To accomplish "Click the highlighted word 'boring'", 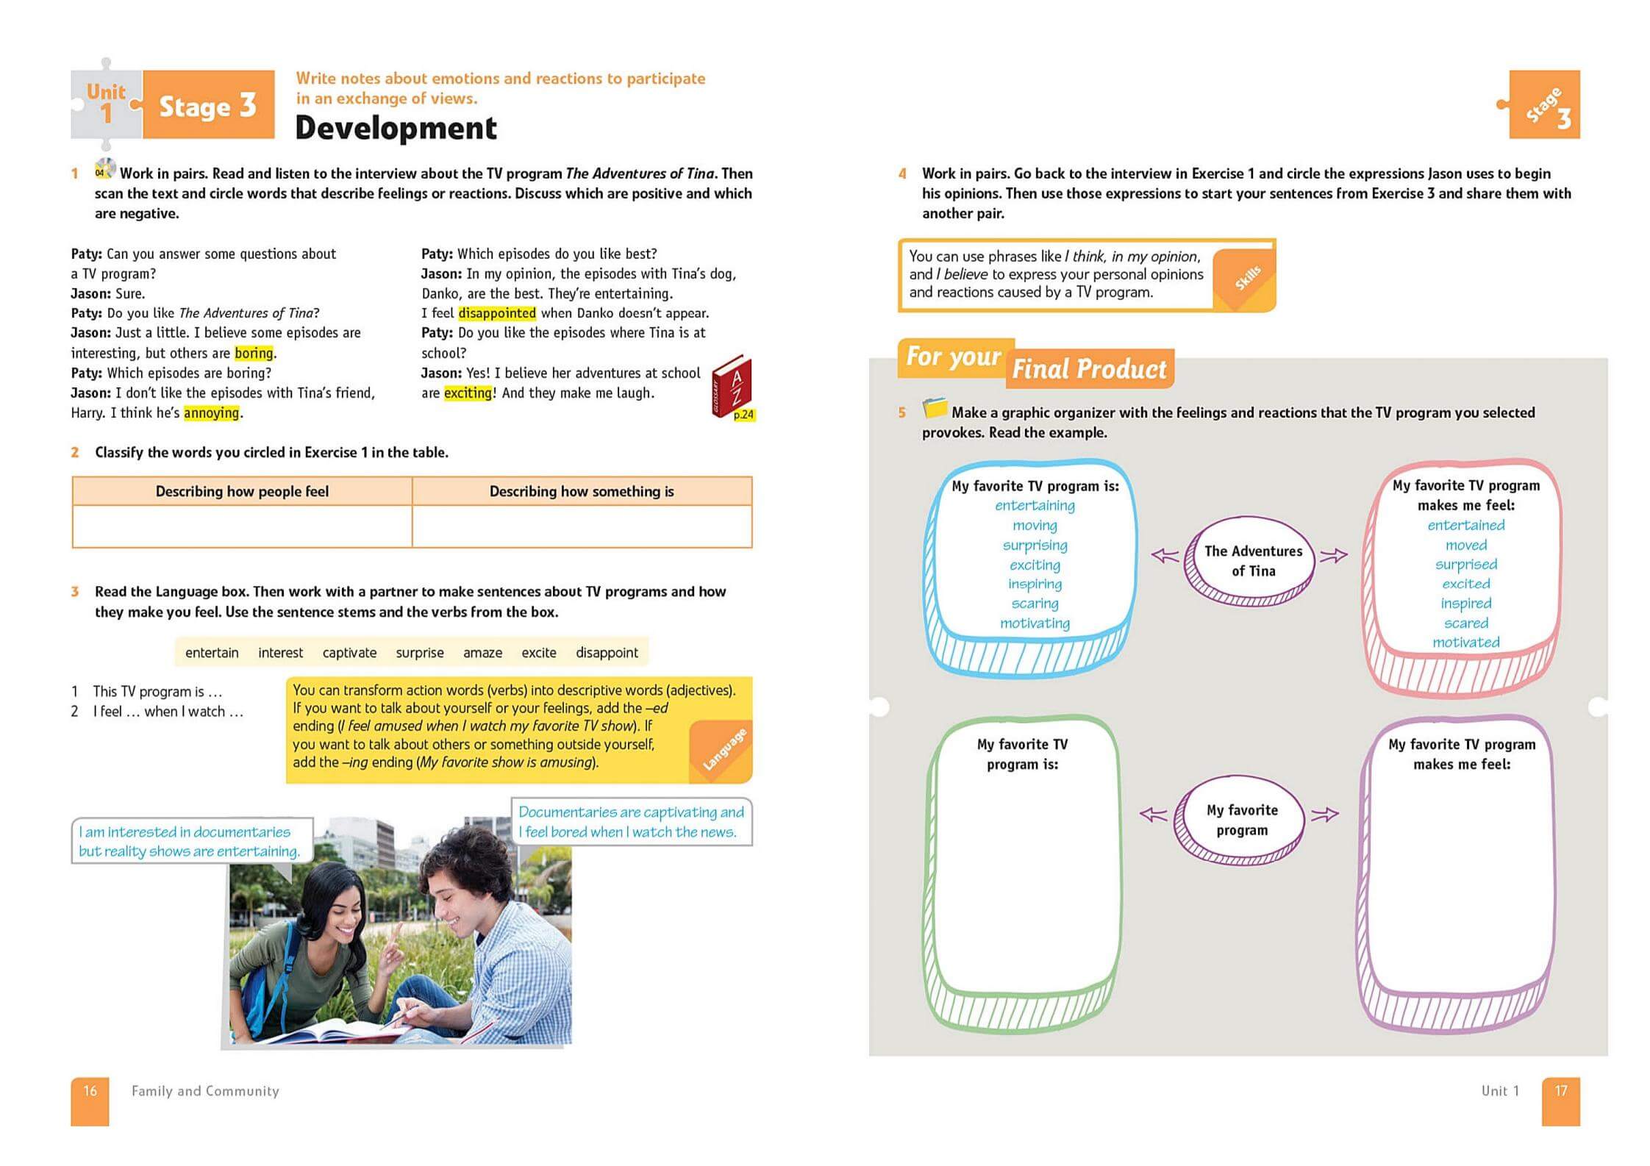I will click(x=253, y=353).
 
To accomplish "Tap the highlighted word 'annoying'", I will click(x=211, y=412).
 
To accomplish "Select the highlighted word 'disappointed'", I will click(x=496, y=313).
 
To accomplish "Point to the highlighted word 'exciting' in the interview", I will click(x=467, y=393).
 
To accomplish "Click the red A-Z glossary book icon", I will click(x=731, y=385).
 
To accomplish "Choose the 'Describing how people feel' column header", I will click(x=242, y=491).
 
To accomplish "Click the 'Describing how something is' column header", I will click(x=581, y=491).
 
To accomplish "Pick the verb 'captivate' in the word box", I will click(x=349, y=653).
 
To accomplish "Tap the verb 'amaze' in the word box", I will click(x=482, y=653).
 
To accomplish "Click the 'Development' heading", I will click(x=396, y=128).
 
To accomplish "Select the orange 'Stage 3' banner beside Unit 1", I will click(x=208, y=106).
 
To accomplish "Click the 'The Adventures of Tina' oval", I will click(x=1252, y=561).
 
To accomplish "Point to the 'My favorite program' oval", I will click(x=1241, y=820).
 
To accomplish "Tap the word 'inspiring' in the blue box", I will click(x=1035, y=584).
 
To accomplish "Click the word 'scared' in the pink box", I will click(x=1465, y=623).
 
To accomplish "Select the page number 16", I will click(x=90, y=1091).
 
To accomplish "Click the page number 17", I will click(x=1560, y=1091).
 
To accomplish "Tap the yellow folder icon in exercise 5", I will click(x=935, y=407).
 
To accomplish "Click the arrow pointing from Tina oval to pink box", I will click(x=1334, y=556).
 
